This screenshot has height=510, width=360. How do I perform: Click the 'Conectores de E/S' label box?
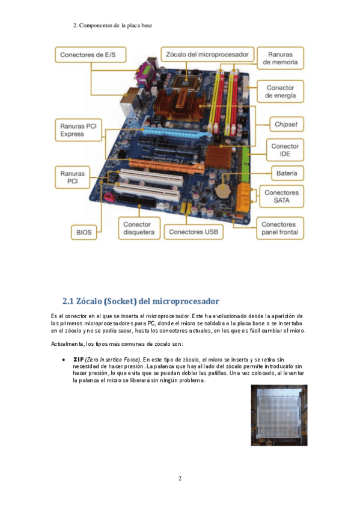pos(90,55)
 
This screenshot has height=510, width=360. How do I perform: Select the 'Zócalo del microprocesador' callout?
pos(207,55)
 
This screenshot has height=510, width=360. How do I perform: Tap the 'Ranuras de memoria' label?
pos(281,58)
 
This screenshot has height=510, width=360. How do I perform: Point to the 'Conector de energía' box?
pos(281,91)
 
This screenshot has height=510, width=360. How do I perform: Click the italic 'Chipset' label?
pos(286,124)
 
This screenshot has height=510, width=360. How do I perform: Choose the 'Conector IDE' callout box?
pos(285,150)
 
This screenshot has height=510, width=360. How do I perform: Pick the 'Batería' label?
pos(287,173)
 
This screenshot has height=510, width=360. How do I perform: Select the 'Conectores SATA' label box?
pos(281,197)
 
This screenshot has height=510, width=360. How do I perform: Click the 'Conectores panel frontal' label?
pos(279,229)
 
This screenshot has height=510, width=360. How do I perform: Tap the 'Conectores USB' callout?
pos(194,232)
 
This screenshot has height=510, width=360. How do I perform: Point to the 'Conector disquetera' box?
pos(139,229)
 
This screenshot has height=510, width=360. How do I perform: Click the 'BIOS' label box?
pos(84,232)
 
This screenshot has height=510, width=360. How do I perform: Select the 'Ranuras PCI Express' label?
pos(79,130)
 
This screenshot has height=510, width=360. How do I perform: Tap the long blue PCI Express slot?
pos(177,132)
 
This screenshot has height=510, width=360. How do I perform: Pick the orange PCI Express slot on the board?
pos(166,165)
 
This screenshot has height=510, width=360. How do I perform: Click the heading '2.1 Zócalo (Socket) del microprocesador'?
pos(141,301)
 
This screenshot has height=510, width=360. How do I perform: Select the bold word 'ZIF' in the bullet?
pos(79,360)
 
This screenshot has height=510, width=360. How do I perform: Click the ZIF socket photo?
pos(279,416)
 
